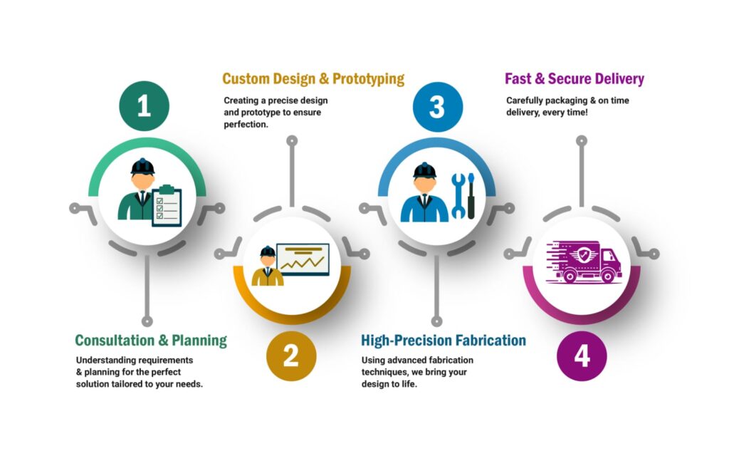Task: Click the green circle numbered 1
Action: point(144,106)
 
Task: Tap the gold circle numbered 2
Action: point(291,356)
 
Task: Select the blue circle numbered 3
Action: point(438,106)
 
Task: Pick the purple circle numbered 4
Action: point(582,356)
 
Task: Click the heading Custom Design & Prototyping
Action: point(313,78)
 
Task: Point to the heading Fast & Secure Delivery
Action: point(575,78)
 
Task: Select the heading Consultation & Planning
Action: point(151,340)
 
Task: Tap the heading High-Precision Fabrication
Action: point(444,340)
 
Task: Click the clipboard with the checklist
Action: point(167,205)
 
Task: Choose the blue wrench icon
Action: point(458,196)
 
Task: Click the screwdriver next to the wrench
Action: point(471,196)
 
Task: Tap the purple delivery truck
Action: point(584,262)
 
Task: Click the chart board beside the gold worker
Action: point(303,259)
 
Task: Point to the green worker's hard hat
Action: point(142,166)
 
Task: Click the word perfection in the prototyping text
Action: point(246,125)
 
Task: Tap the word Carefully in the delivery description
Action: point(525,100)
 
